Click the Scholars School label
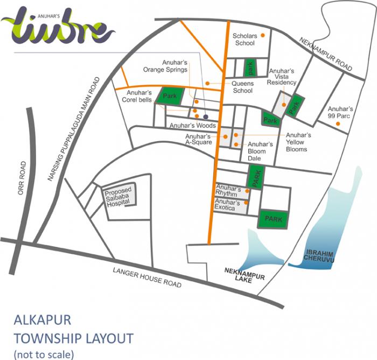244,39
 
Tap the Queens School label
242,87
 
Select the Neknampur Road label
326,54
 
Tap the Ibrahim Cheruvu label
320,255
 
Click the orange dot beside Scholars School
262,36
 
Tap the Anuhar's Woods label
192,126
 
